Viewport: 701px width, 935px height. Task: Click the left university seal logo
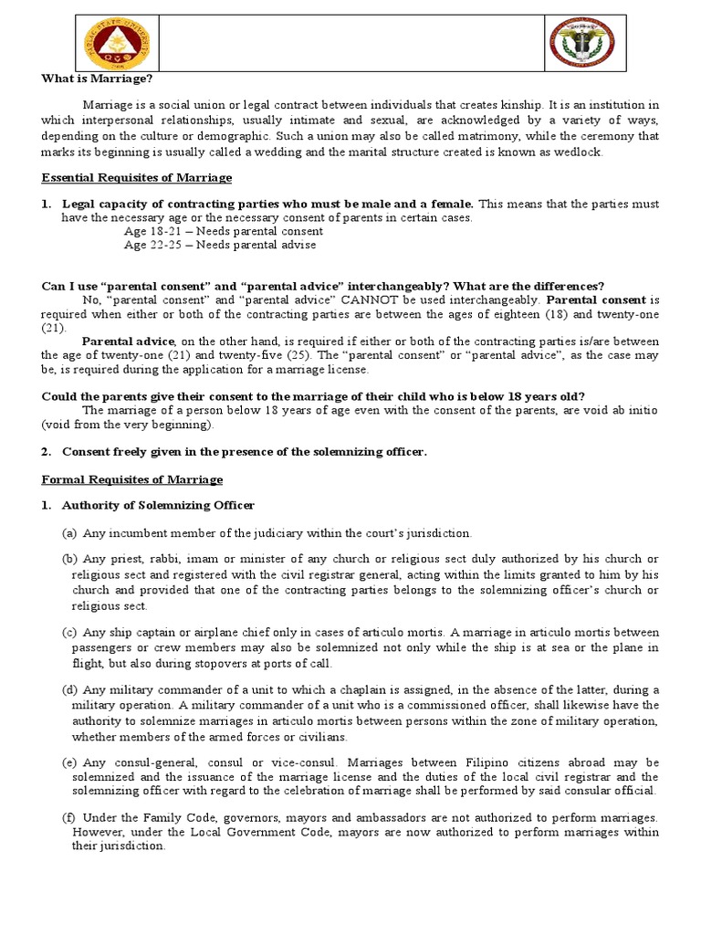click(112, 41)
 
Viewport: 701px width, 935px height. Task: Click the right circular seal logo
click(585, 41)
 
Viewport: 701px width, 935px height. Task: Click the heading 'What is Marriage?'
click(89, 79)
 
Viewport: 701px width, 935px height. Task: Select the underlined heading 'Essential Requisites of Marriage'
click(137, 177)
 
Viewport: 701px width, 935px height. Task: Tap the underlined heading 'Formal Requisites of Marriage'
click(132, 478)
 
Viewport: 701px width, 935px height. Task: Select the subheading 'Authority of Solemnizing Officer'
click(158, 505)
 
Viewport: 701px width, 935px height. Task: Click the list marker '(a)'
click(69, 532)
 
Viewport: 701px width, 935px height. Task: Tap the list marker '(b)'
click(69, 559)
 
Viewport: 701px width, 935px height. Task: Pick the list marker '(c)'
click(69, 633)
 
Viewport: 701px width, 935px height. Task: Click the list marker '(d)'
click(69, 689)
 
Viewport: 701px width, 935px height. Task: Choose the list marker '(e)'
click(69, 762)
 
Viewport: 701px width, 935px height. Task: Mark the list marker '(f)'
click(69, 817)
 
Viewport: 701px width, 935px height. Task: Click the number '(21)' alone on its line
click(54, 327)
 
